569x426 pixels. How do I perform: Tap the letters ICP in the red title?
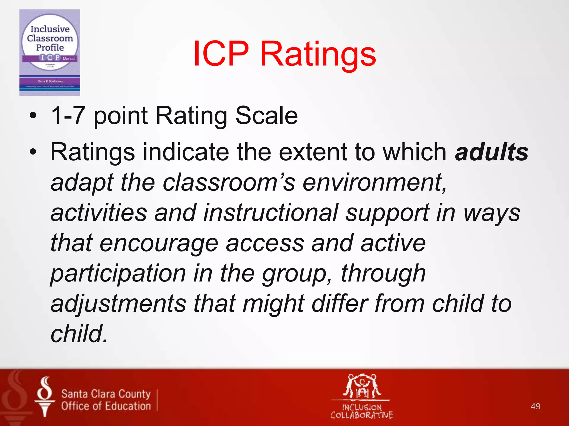(x=221, y=54)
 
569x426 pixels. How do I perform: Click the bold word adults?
(x=491, y=152)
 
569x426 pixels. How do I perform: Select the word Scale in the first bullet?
(x=267, y=116)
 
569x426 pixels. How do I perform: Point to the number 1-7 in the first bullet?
(x=68, y=116)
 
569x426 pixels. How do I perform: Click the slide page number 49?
(x=535, y=406)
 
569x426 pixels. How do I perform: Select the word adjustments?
(x=119, y=304)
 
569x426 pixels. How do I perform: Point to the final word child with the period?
(x=79, y=334)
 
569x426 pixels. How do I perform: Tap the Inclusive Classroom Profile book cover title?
(x=50, y=38)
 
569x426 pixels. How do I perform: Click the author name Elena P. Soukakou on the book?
(x=50, y=81)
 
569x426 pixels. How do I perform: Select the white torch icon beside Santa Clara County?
(x=44, y=397)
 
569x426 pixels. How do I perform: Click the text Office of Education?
(x=106, y=406)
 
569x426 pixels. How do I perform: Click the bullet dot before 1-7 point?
(x=33, y=116)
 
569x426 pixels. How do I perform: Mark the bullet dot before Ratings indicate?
(x=33, y=152)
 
